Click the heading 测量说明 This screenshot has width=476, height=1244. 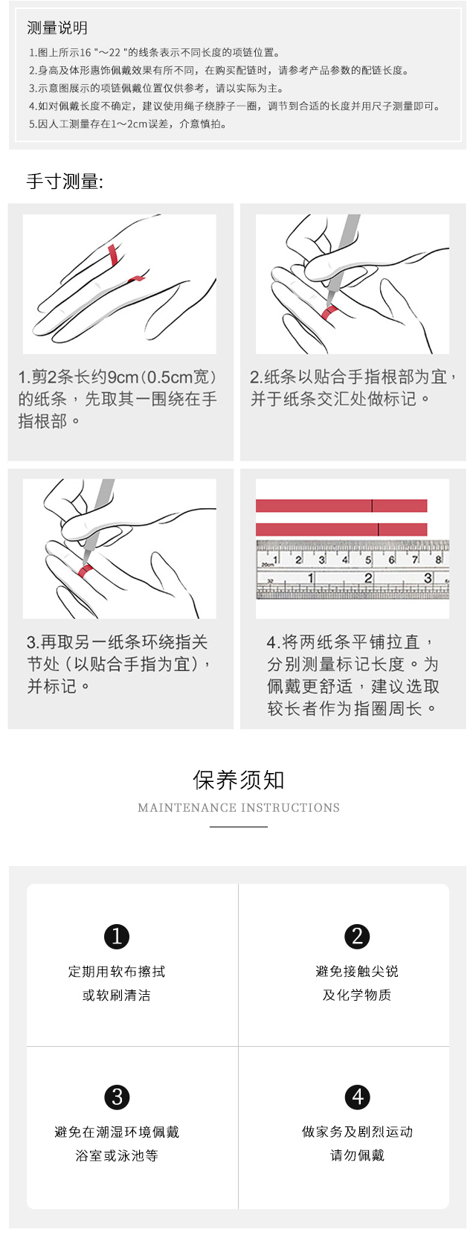tap(57, 28)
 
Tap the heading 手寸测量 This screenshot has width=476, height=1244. tap(65, 182)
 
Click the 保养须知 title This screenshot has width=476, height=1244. tap(238, 780)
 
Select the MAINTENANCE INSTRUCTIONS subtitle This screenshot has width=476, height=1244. tap(238, 807)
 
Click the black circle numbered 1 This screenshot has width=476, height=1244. tap(117, 936)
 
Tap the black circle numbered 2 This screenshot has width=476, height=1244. tap(357, 936)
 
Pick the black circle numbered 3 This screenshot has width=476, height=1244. tap(117, 1097)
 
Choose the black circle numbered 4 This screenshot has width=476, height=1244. tap(357, 1097)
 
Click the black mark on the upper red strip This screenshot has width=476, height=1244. tap(372, 505)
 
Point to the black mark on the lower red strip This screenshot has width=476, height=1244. tap(379, 529)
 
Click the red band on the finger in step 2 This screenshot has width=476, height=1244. tap(330, 312)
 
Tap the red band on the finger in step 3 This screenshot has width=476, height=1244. tap(85, 571)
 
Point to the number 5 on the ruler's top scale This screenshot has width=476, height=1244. tap(367, 560)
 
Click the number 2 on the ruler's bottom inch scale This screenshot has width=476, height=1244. tap(368, 578)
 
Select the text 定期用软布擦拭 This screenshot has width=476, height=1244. tap(117, 972)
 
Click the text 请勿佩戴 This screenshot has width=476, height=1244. tap(357, 1155)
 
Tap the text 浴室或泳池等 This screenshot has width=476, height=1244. tap(117, 1155)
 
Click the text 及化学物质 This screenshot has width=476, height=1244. tap(357, 995)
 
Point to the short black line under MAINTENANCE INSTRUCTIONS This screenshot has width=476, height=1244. tap(238, 827)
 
